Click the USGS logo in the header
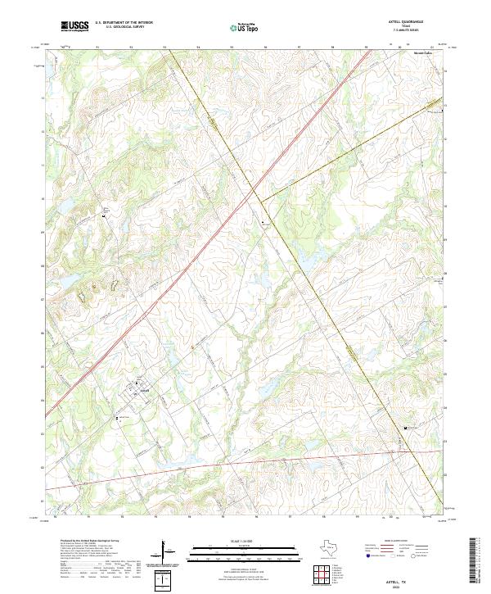point(74,26)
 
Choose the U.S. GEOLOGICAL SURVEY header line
point(119,27)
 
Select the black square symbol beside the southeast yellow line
point(404,428)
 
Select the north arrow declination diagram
point(166,554)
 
